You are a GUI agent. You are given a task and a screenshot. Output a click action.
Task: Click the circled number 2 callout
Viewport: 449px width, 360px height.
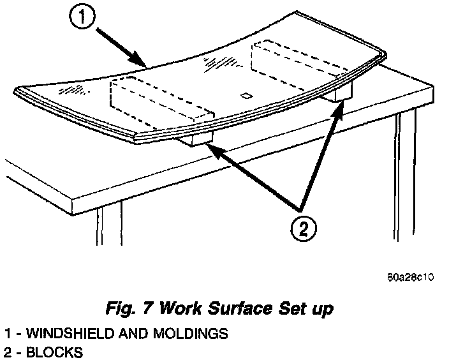(302, 228)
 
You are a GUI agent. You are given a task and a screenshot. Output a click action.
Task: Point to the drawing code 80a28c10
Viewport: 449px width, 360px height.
(410, 279)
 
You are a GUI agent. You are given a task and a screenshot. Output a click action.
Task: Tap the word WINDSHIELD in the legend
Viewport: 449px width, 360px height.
(57, 334)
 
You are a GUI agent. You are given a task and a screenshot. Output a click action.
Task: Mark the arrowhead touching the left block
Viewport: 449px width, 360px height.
(210, 149)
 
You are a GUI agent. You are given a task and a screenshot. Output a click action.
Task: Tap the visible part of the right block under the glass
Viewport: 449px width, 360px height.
(341, 92)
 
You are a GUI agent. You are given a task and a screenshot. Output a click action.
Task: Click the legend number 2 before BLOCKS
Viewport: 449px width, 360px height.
(7, 352)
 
